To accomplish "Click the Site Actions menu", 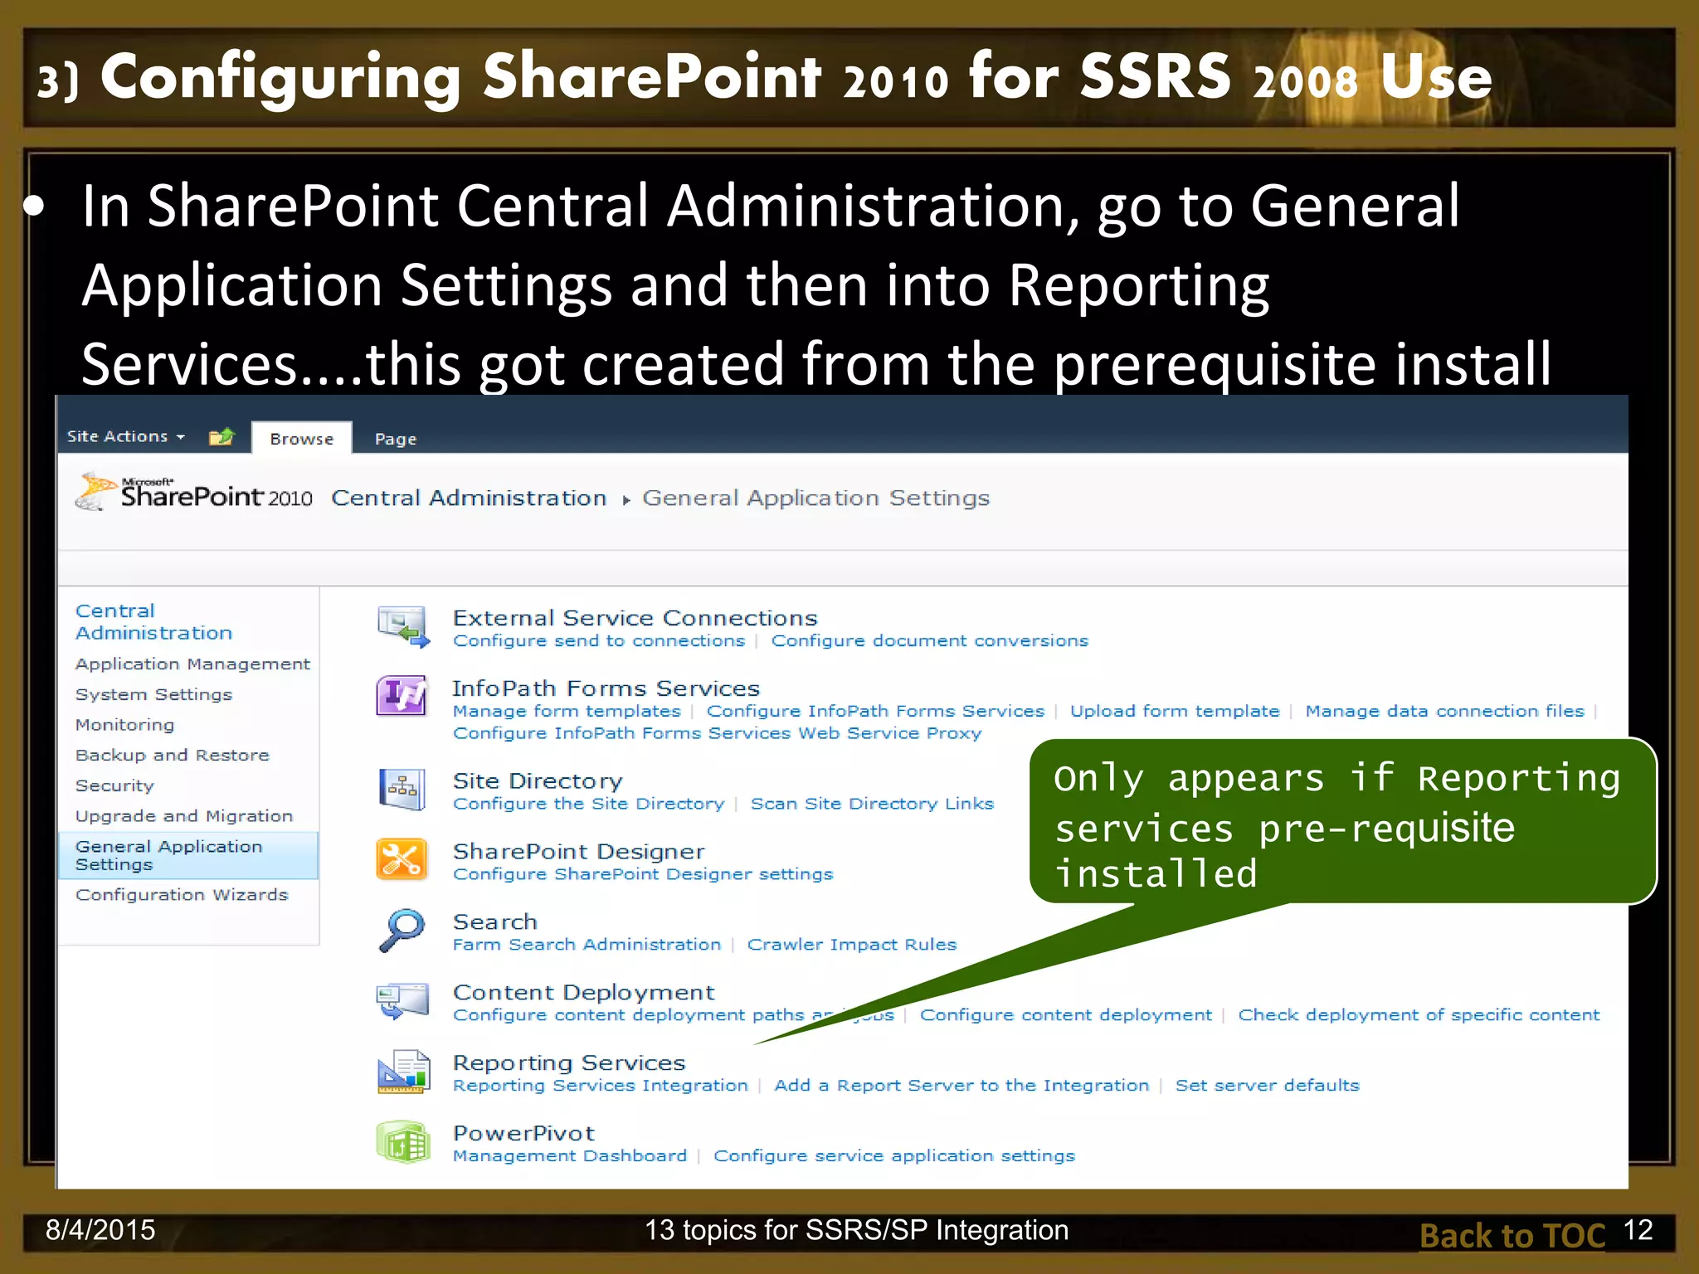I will click(124, 436).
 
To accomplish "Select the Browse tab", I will click(301, 439).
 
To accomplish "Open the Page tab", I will click(395, 439).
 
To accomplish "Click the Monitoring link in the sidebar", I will click(124, 725).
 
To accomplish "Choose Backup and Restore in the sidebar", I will click(172, 756).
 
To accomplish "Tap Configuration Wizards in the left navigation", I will click(182, 895).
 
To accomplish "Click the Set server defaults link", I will click(1267, 1086).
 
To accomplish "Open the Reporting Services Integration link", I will click(600, 1086).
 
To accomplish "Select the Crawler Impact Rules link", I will click(851, 945).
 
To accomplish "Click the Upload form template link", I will click(1174, 712).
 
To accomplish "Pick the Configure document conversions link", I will click(929, 641).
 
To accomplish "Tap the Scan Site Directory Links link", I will click(871, 804).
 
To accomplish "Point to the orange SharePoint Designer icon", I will click(402, 859).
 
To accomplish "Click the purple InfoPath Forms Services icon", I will click(402, 695).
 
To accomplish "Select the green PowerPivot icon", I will click(402, 1142).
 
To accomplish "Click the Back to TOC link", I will click(1512, 1236).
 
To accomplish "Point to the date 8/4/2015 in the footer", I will click(100, 1230).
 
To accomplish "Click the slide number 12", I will click(1638, 1230).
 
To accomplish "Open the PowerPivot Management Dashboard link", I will click(569, 1156).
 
